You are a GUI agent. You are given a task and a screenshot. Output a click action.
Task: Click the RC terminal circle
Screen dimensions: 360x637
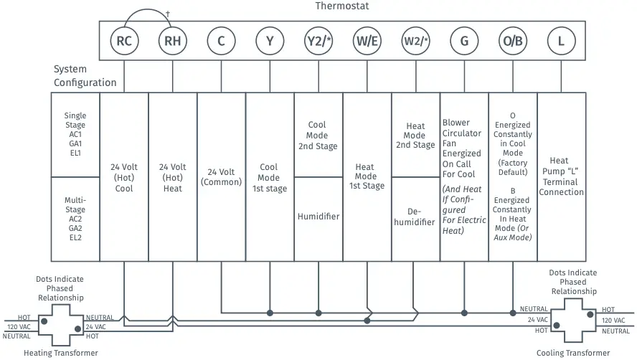pyautogui.click(x=124, y=41)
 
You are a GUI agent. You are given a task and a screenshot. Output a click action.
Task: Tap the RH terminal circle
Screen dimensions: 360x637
pyautogui.click(x=173, y=41)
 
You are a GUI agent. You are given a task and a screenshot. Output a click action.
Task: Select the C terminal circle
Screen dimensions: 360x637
pyautogui.click(x=221, y=41)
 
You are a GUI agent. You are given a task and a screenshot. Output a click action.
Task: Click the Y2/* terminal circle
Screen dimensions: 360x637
pyautogui.click(x=318, y=41)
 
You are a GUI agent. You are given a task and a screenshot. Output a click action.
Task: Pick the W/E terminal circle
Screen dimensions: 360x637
pyautogui.click(x=367, y=41)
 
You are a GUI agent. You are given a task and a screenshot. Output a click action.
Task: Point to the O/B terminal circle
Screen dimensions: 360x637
pyautogui.click(x=512, y=41)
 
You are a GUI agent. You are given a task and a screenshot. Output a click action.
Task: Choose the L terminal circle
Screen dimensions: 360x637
pyautogui.click(x=561, y=41)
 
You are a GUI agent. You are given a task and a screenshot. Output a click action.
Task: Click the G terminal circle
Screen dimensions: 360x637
pyautogui.click(x=464, y=41)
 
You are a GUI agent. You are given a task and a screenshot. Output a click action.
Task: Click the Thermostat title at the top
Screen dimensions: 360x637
pyautogui.click(x=341, y=6)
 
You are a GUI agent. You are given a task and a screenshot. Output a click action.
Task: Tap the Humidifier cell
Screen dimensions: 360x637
pyautogui.click(x=318, y=217)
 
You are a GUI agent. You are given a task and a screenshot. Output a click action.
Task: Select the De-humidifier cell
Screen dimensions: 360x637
pyautogui.click(x=415, y=217)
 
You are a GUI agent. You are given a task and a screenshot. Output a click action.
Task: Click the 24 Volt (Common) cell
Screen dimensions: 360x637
pyautogui.click(x=221, y=177)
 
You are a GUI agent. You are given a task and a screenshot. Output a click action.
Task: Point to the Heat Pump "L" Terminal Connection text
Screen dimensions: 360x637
pyautogui.click(x=561, y=176)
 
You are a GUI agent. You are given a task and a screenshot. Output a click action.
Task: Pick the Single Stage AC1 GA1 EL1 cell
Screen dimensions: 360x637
pyautogui.click(x=75, y=134)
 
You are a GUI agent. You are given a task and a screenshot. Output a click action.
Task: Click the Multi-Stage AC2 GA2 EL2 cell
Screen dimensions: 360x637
pyautogui.click(x=75, y=218)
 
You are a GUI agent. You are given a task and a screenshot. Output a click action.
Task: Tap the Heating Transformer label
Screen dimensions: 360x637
pyautogui.click(x=61, y=353)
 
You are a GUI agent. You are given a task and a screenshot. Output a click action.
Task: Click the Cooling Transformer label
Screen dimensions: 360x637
pyautogui.click(x=574, y=353)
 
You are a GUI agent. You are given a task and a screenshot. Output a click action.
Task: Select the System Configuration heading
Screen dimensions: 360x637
pyautogui.click(x=85, y=76)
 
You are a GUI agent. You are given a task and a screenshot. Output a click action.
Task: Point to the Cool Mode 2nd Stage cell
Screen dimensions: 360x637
pyautogui.click(x=318, y=136)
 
